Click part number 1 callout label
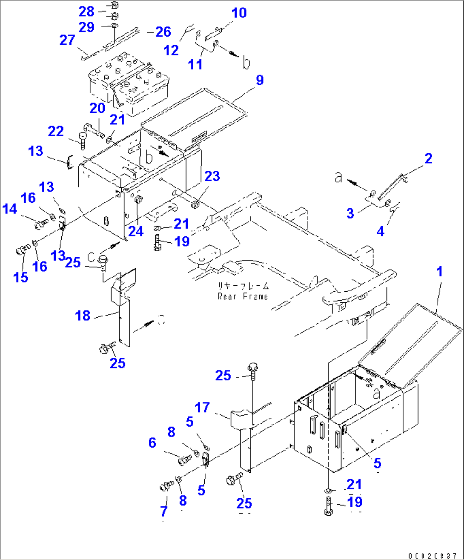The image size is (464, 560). point(440,272)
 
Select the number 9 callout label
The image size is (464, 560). point(259,80)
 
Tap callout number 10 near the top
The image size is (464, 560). point(239,13)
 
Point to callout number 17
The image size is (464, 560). point(202,408)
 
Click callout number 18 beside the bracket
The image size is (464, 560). point(83,316)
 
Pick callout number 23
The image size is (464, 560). point(212,176)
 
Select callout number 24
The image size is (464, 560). point(136,231)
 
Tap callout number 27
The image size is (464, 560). point(67,40)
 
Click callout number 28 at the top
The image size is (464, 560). point(86,11)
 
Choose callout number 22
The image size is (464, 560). point(56,131)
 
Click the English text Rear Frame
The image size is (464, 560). point(243,296)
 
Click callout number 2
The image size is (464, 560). point(428,158)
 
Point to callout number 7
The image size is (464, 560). point(164,511)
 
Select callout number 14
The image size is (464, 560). point(9,209)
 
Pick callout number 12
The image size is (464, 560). point(171,50)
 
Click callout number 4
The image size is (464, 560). point(380,231)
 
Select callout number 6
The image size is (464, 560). point(152,443)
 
